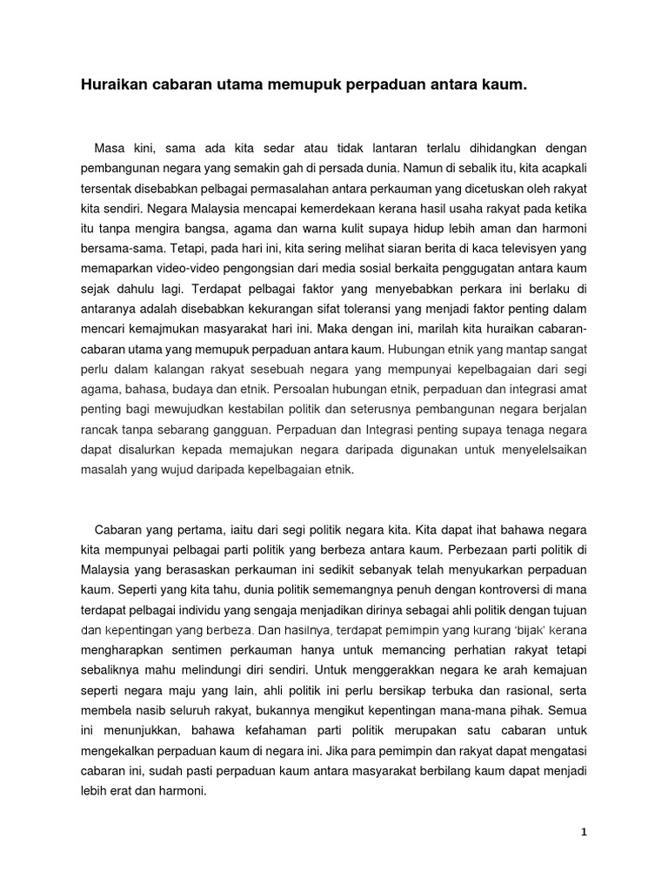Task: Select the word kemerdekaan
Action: coord(319,209)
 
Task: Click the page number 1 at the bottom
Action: coord(584,832)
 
